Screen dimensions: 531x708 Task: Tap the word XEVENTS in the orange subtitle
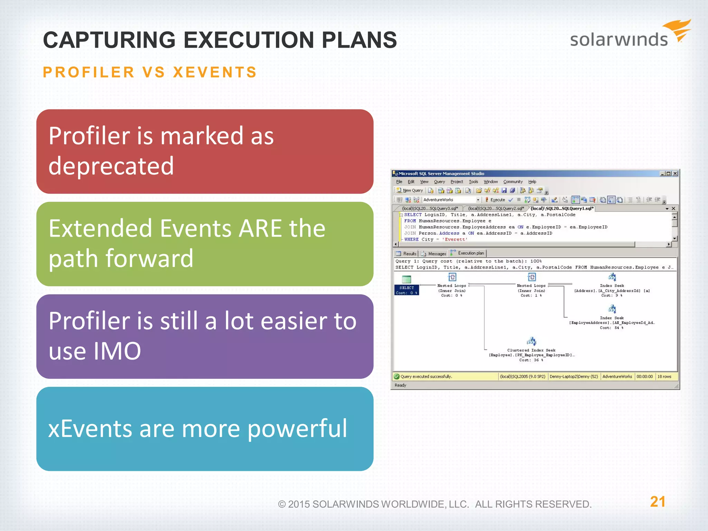point(215,73)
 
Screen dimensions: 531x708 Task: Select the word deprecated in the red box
point(111,166)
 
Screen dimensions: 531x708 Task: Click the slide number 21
point(658,502)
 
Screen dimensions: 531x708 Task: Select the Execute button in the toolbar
point(495,200)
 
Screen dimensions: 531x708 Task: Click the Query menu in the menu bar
point(439,182)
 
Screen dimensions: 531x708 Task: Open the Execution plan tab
point(470,253)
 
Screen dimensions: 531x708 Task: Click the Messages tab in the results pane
point(437,254)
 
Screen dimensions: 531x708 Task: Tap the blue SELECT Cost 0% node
point(407,290)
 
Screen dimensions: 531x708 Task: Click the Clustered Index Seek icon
point(531,342)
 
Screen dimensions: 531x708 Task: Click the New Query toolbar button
point(410,190)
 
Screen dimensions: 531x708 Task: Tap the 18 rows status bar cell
point(664,376)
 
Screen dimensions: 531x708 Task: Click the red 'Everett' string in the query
point(455,239)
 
